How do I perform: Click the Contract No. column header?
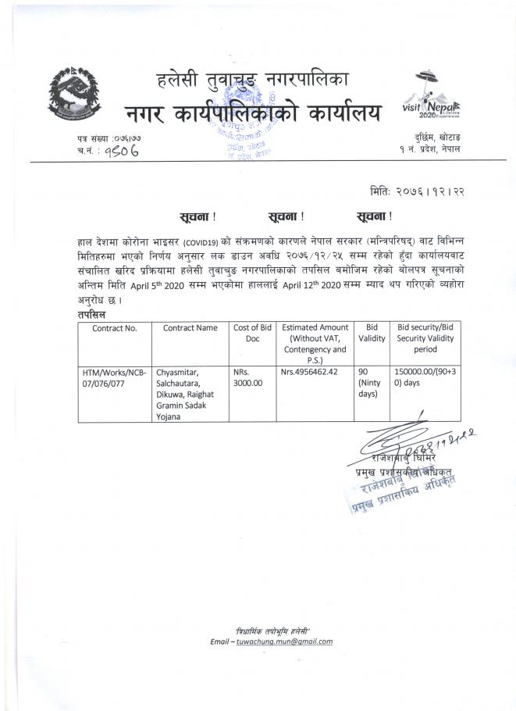[x=115, y=328]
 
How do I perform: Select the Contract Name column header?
[x=190, y=328]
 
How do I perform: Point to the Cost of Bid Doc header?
[x=251, y=334]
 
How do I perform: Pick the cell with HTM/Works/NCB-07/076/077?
[x=115, y=377]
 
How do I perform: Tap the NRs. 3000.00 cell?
[x=249, y=377]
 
